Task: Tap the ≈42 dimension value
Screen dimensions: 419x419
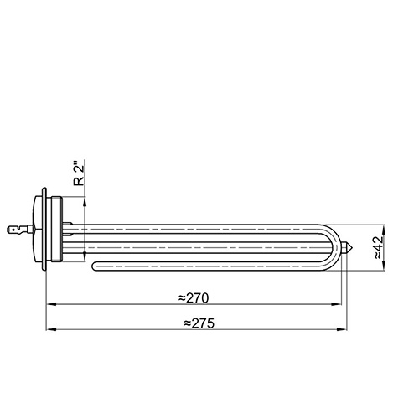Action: pos(379,248)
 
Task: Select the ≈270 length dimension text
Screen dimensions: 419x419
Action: pos(194,298)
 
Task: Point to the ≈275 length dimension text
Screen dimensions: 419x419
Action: pos(199,323)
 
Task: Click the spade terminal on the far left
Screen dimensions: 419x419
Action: pos(16,230)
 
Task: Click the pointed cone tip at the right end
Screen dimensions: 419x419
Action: pos(349,247)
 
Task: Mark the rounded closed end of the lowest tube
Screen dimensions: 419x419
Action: pos(95,266)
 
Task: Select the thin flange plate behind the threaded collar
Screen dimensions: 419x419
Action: pos(44,229)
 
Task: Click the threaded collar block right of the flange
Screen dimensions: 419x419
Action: pos(56,229)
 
